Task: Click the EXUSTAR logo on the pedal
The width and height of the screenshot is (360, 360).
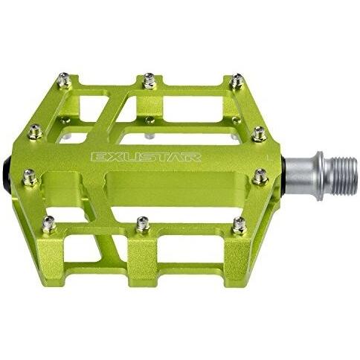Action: click(x=146, y=157)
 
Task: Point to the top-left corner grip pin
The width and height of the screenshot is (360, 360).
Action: click(x=64, y=77)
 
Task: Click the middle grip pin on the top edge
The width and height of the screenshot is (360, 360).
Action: click(x=150, y=78)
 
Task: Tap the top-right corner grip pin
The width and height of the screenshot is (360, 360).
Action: click(x=237, y=80)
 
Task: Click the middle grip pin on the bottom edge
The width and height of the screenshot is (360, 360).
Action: click(x=143, y=223)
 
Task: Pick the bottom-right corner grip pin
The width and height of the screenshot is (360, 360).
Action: click(x=239, y=223)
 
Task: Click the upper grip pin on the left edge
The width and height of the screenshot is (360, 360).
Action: click(x=35, y=132)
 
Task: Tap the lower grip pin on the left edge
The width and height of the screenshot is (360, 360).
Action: click(x=29, y=177)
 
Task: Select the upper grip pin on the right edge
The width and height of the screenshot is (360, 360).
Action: click(x=259, y=134)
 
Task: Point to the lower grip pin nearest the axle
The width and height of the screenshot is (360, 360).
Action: click(x=260, y=176)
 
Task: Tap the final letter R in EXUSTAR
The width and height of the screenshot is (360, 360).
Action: click(x=195, y=157)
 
